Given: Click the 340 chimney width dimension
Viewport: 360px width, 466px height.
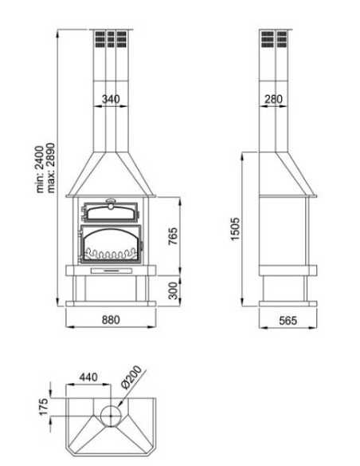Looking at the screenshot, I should coord(112,99).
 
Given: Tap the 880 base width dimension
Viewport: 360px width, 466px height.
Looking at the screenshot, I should coord(111,320).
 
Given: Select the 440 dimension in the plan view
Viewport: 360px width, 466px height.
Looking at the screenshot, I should coord(88,377).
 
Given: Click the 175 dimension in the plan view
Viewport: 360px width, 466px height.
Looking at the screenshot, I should coord(44,405).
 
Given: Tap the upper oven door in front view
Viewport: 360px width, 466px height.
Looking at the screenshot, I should coord(111,213).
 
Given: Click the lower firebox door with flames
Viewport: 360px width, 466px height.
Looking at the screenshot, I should coord(111,244).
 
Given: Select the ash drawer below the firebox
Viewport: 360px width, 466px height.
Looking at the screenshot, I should coord(111,271).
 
